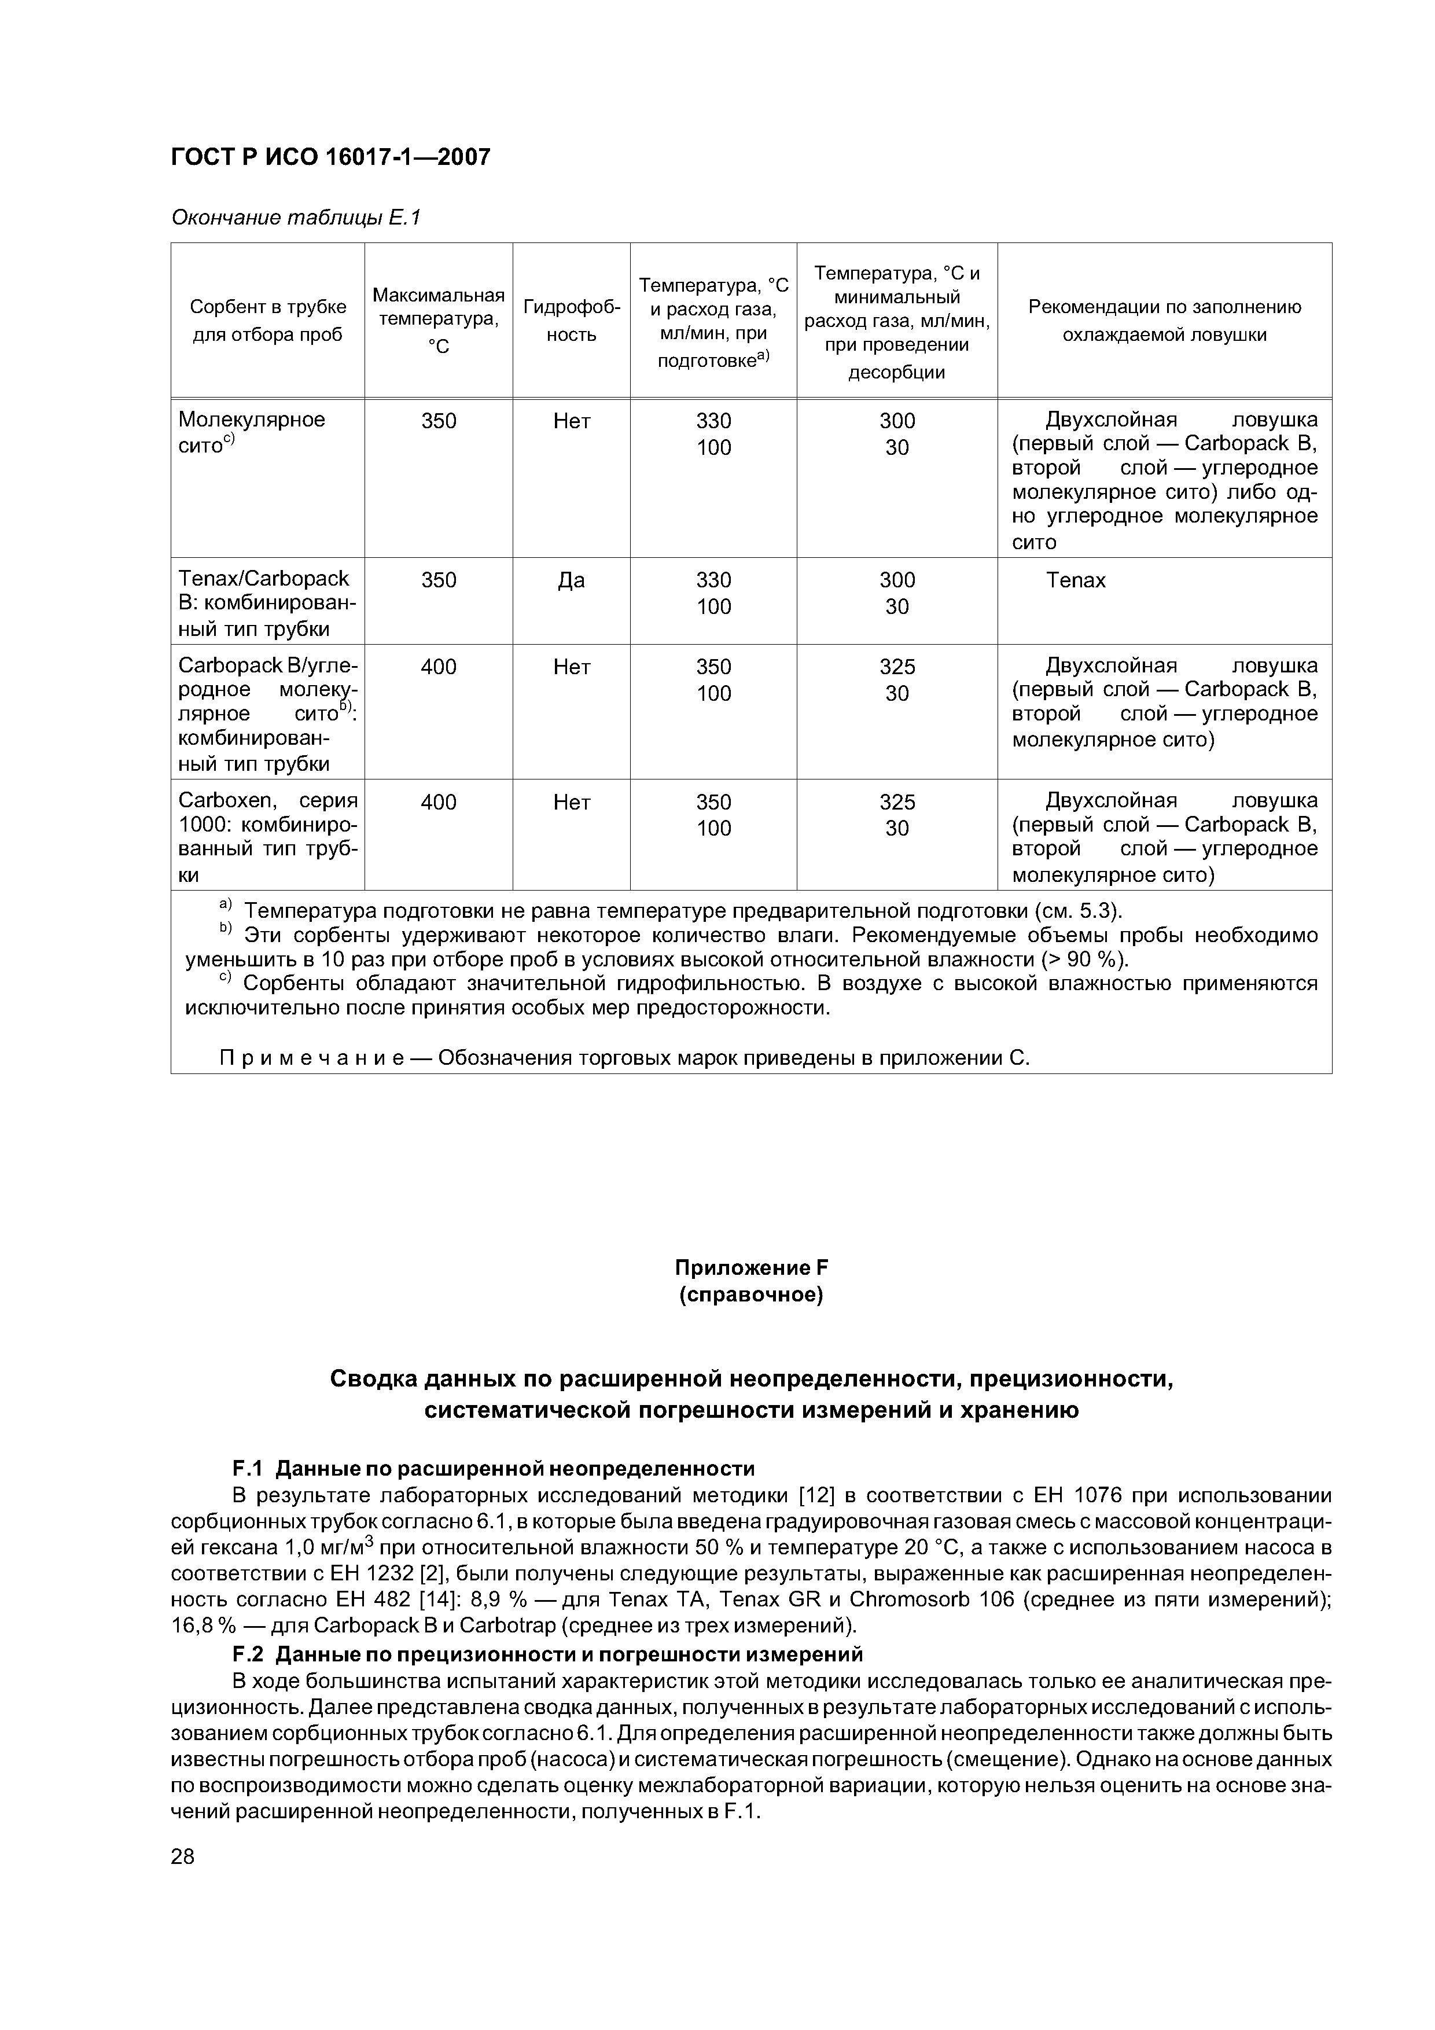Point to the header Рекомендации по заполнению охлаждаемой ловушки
(x=1164, y=320)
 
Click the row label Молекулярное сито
(x=252, y=432)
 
